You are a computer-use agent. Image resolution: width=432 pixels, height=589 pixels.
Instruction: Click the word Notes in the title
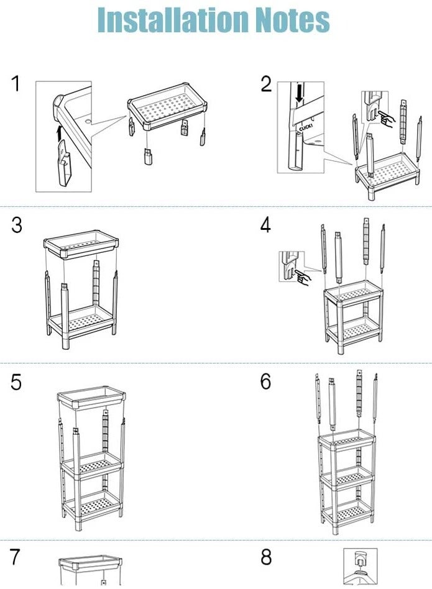pyautogui.click(x=288, y=20)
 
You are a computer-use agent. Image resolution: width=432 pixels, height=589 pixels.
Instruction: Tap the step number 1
pyautogui.click(x=16, y=84)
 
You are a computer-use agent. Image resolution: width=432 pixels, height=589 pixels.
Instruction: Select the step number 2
pyautogui.click(x=266, y=84)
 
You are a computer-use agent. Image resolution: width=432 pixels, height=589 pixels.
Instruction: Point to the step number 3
pyautogui.click(x=17, y=225)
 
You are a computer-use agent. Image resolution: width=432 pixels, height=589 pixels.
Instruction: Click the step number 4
pyautogui.click(x=265, y=225)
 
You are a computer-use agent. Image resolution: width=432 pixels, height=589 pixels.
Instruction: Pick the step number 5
pyautogui.click(x=17, y=382)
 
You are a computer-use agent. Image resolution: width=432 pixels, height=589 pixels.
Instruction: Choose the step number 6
pyautogui.click(x=265, y=382)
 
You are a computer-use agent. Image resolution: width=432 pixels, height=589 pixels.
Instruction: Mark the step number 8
pyautogui.click(x=265, y=557)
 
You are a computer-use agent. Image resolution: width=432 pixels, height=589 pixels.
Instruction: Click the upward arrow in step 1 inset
pyautogui.click(x=60, y=131)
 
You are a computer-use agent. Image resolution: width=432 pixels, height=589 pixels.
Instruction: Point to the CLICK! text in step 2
pyautogui.click(x=304, y=129)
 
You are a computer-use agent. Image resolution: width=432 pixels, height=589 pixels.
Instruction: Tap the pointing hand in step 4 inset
pyautogui.click(x=303, y=277)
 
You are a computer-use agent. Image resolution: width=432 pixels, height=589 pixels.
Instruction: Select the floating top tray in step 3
pyautogui.click(x=81, y=247)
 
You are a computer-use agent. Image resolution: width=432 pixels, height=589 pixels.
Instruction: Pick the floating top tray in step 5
pyautogui.click(x=91, y=398)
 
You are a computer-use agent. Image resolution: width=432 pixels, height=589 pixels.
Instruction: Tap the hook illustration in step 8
pyautogui.click(x=362, y=567)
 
